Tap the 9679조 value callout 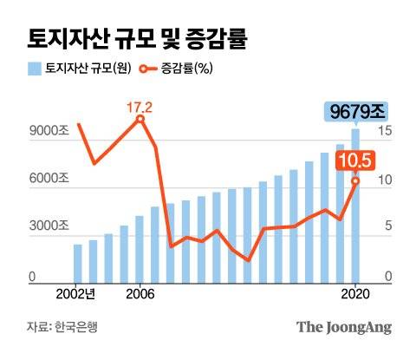pyautogui.click(x=355, y=111)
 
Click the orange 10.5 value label pyautogui.click(x=355, y=160)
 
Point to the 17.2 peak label pyautogui.click(x=141, y=108)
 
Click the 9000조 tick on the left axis pyautogui.click(x=50, y=132)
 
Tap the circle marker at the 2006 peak pyautogui.click(x=140, y=119)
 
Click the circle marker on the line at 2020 pyautogui.click(x=355, y=180)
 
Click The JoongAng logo pyautogui.click(x=344, y=327)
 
